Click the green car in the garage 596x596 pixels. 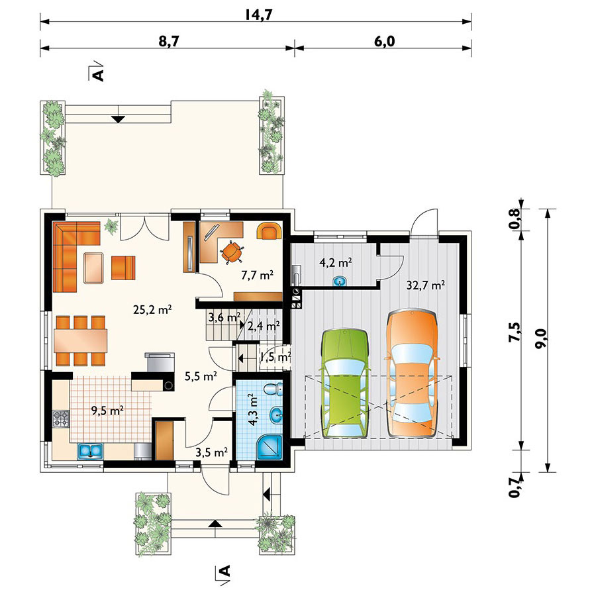point(345,383)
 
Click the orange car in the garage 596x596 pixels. point(412,373)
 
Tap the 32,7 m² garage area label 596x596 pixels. point(426,285)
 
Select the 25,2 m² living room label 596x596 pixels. point(153,309)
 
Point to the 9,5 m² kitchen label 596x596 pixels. point(107,411)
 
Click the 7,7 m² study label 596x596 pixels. point(258,275)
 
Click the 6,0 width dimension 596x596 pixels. point(385,41)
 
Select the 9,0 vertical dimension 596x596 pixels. point(542,338)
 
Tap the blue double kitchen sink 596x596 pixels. point(91,451)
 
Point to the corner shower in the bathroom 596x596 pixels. point(270,446)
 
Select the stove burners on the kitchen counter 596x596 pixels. point(61,419)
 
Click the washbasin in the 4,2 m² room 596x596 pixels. point(340,281)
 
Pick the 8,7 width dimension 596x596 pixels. point(169,41)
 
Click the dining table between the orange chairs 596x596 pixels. point(81,340)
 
